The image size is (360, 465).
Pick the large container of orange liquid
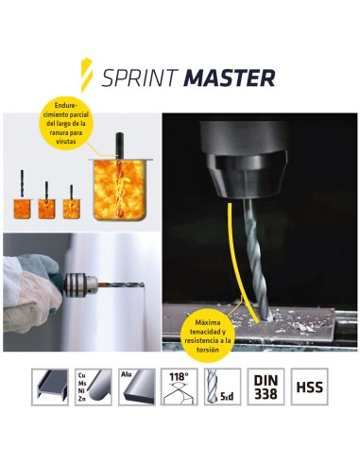pos(120,189)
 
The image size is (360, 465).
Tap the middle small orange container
pos(45,206)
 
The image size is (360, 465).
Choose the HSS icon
pos(309,387)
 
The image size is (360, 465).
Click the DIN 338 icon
pos(266,387)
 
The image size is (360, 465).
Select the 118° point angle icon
pos(180,387)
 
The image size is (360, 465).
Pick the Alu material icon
pos(136,387)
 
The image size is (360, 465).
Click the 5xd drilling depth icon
pos(223,387)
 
